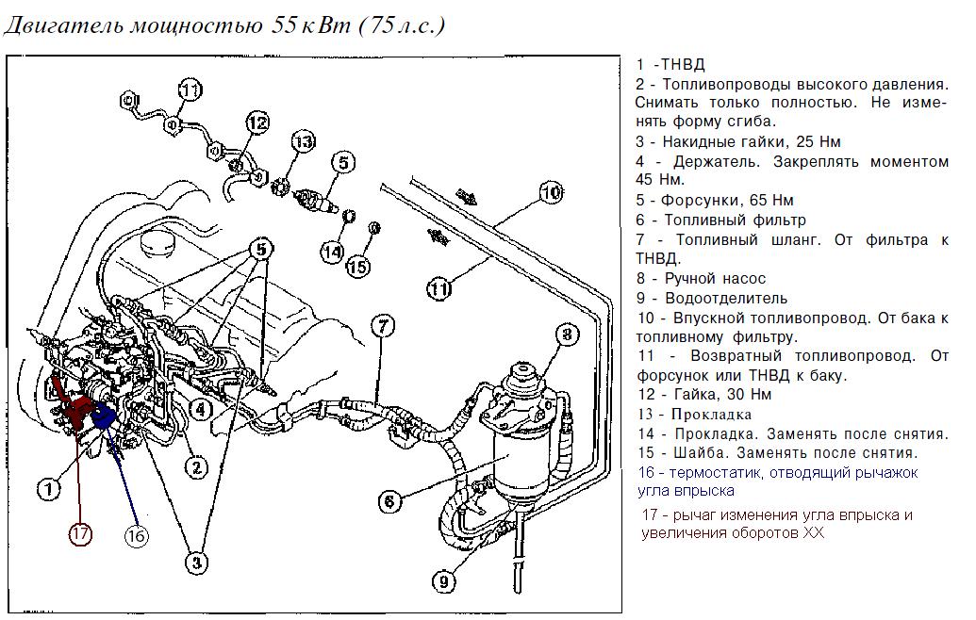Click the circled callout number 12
click(x=258, y=122)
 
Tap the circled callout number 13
click(x=302, y=143)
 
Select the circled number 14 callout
click(x=333, y=252)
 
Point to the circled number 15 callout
click(x=357, y=267)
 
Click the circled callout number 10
click(x=552, y=192)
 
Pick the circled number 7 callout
click(x=381, y=327)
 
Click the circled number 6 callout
click(x=390, y=502)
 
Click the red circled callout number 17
click(x=80, y=533)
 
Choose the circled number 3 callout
click(x=195, y=563)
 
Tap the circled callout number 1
click(x=48, y=488)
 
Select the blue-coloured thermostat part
click(x=104, y=416)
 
